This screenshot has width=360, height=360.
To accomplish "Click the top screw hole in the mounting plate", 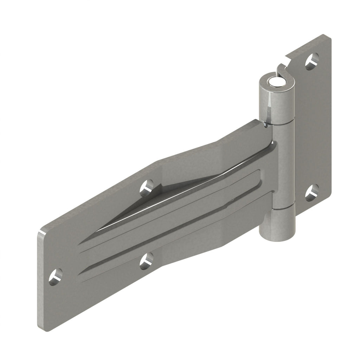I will click(x=311, y=62).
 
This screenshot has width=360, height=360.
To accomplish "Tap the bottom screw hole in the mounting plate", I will click(x=311, y=193).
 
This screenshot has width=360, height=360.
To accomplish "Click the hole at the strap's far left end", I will click(x=56, y=276).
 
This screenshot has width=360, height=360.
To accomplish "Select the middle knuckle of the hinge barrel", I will click(x=284, y=165).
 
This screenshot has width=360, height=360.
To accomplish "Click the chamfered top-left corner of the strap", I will click(x=44, y=230).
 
